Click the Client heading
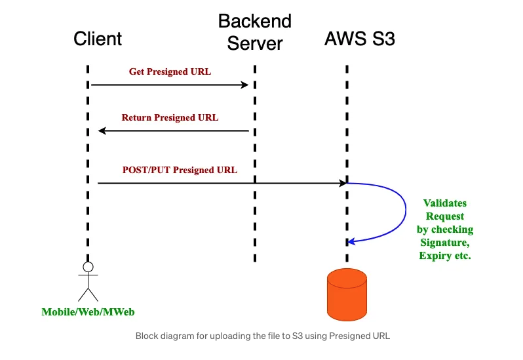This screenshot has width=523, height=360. (98, 39)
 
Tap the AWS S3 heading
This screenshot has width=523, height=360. (360, 39)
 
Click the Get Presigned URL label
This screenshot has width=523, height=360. (170, 71)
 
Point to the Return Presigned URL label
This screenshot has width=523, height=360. (170, 118)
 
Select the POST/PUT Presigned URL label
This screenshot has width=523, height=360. (180, 170)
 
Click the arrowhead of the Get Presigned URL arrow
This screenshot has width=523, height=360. (245, 85)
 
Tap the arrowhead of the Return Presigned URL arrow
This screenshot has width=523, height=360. (102, 131)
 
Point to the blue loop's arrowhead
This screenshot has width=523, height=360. (351, 242)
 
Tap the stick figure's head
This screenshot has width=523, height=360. (87, 267)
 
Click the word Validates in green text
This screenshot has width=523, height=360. (445, 203)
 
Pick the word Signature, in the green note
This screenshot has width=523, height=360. (445, 243)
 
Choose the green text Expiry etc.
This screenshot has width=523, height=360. (445, 256)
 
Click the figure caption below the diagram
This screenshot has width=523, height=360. (262, 336)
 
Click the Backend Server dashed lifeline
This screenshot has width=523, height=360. (254, 197)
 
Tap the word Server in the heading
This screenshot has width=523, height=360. (254, 43)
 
